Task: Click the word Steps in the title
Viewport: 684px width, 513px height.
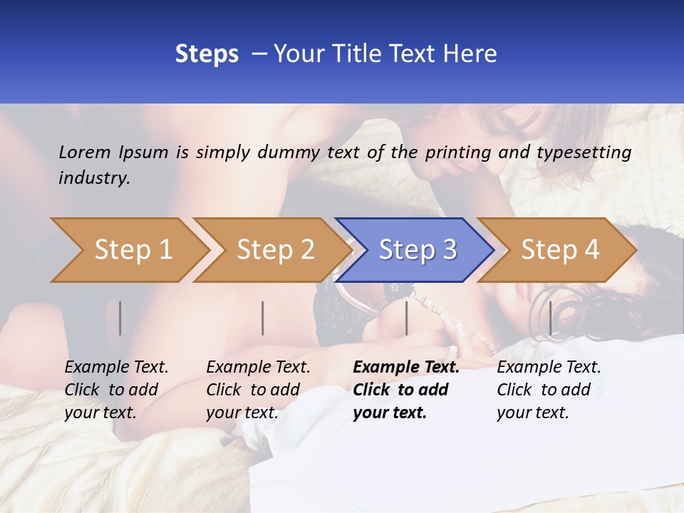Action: (207, 53)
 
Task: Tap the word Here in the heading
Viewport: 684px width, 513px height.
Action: (468, 53)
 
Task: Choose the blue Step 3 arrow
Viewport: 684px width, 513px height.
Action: (418, 250)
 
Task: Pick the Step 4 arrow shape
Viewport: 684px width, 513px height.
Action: (560, 250)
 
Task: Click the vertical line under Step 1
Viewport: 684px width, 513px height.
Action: (120, 318)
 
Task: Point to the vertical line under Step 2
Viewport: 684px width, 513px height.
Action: (263, 318)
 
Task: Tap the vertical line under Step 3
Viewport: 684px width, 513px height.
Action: (406, 318)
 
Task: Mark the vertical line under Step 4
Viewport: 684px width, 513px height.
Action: (550, 318)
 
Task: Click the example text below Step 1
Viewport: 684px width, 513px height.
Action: (116, 390)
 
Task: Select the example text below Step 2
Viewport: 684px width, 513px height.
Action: (258, 390)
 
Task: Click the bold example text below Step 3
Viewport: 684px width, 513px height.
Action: (405, 390)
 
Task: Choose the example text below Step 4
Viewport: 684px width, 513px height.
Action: (549, 390)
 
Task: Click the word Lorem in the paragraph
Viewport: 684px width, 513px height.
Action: (85, 152)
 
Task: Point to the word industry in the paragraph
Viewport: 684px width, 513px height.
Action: (93, 177)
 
